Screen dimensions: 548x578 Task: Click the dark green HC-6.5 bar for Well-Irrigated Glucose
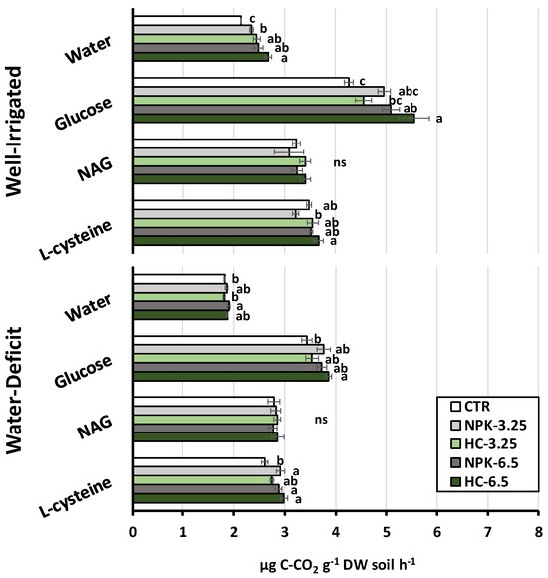coord(274,119)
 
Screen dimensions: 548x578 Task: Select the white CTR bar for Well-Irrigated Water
coord(187,20)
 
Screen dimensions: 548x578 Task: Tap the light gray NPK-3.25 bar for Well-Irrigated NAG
coord(211,152)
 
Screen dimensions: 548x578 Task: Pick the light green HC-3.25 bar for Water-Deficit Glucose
coord(222,358)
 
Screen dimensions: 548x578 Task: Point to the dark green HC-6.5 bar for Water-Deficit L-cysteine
coord(208,498)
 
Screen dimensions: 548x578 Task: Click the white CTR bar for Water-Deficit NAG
coord(204,401)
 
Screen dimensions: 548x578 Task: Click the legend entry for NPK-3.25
coord(488,425)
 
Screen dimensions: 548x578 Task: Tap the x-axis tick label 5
coord(387,533)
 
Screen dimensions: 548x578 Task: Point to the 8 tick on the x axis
coord(539,533)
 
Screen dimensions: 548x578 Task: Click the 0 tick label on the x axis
coord(133,533)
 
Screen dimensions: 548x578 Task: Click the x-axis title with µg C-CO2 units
coord(338,565)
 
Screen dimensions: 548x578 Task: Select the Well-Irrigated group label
coord(14,132)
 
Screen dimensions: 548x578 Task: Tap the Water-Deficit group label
coord(14,391)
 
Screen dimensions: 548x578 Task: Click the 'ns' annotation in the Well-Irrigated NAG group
coord(340,162)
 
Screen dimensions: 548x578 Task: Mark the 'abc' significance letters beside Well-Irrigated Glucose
coord(409,91)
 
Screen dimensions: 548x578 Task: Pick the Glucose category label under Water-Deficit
coord(83,371)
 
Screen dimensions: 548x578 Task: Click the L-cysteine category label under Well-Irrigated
coord(76,240)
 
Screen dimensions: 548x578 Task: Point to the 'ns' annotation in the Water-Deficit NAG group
coord(321,420)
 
